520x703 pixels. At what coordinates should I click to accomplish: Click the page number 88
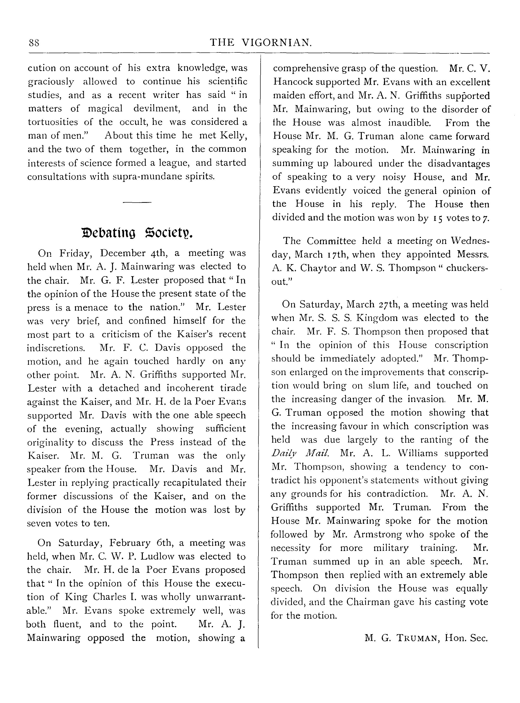[x=34, y=43]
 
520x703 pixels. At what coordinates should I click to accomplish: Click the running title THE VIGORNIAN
[x=261, y=43]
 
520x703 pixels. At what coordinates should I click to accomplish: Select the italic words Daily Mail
[x=300, y=453]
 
